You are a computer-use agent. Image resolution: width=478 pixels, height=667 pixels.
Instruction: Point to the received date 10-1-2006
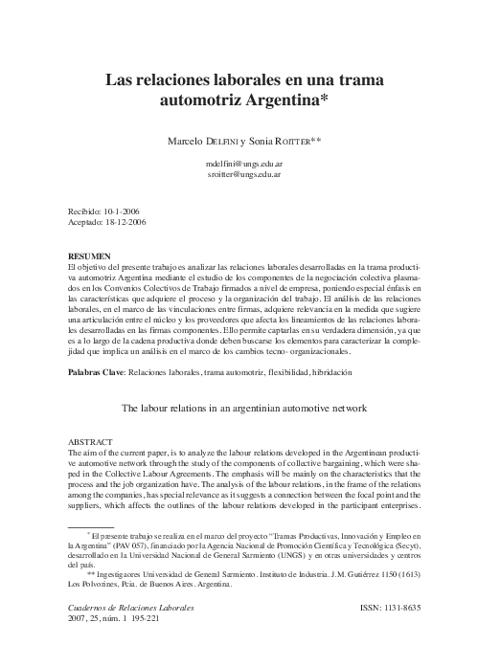tap(122, 210)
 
